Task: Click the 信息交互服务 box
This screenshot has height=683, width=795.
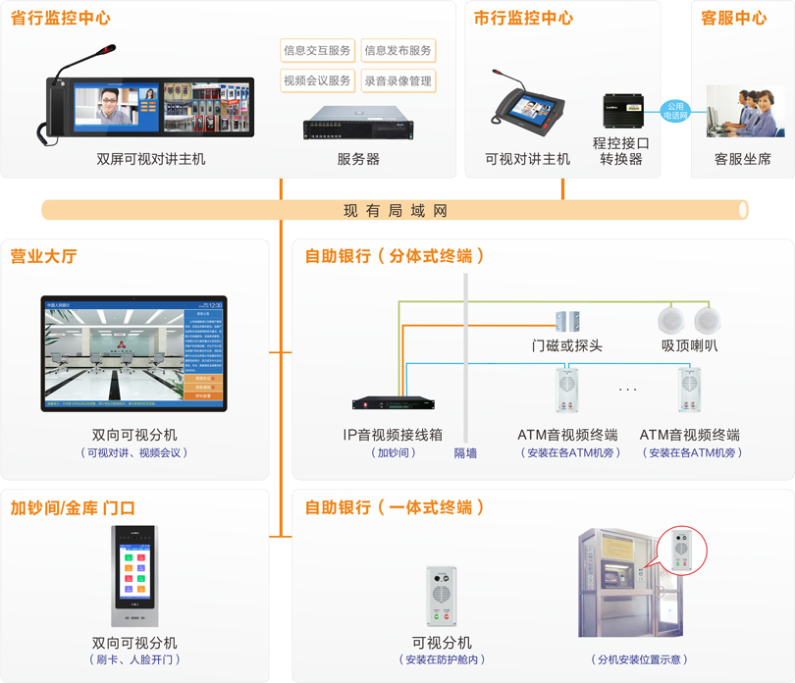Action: tap(316, 51)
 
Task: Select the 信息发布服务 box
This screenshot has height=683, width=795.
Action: tap(397, 51)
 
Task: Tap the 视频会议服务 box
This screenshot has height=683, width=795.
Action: tap(316, 81)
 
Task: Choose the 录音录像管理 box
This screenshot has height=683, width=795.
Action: tap(397, 81)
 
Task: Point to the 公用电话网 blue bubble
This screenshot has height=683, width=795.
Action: tap(675, 111)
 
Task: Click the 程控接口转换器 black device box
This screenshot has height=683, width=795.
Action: tap(622, 110)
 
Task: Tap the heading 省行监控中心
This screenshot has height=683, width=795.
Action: tap(61, 19)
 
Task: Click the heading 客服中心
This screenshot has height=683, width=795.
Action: tap(733, 19)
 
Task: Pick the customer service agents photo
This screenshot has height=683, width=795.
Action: tap(745, 111)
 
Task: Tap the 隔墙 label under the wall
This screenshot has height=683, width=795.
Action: tap(465, 453)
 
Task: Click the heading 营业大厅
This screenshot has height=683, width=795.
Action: tap(43, 256)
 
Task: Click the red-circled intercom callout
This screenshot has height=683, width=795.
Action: tap(682, 550)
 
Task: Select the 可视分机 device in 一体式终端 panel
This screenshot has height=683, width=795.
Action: tap(442, 596)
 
